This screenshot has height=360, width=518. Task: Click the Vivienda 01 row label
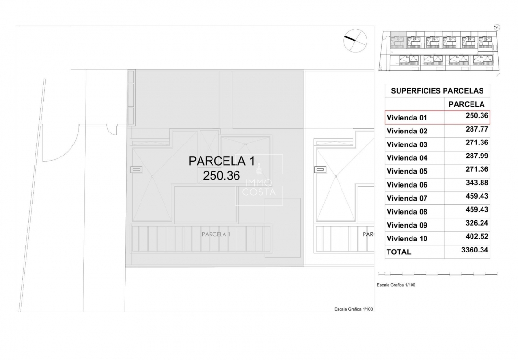pos(406,118)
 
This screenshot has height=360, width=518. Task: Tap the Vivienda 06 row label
pos(407,185)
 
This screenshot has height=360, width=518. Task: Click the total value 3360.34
pos(474,250)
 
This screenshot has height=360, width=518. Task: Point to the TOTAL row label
pos(399,252)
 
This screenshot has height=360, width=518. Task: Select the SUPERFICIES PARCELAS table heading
pos(437,91)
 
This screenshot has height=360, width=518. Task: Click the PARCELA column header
pos(466,104)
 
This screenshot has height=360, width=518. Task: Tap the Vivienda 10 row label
pos(407,239)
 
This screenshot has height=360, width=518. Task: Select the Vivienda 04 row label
pos(407,158)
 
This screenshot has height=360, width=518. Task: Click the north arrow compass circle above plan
pos(355,40)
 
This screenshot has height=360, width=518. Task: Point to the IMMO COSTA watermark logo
pos(259,180)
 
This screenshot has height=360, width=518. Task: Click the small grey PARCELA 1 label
pos(216,234)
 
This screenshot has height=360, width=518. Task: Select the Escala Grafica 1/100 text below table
pos(396,285)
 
